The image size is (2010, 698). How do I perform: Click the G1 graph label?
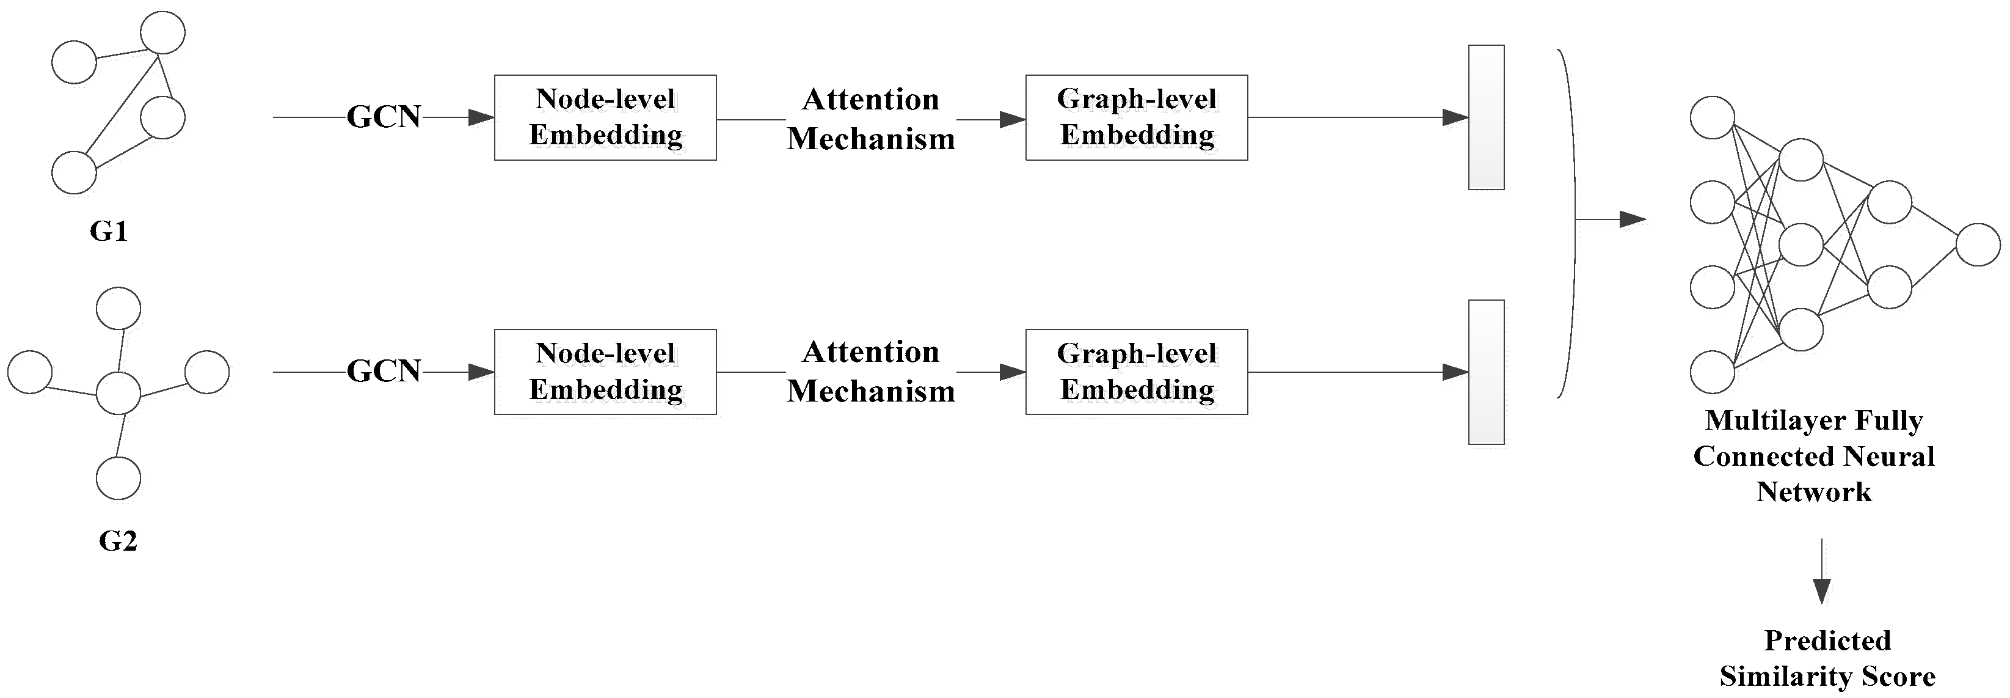[109, 231]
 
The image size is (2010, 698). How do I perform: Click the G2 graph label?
[118, 540]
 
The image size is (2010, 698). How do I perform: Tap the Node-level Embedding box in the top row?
[605, 118]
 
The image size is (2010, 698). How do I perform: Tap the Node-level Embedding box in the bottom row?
[605, 372]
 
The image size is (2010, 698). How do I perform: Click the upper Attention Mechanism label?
[871, 119]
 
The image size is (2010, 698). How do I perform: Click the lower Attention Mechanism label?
[871, 372]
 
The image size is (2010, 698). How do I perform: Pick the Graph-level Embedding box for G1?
[1136, 118]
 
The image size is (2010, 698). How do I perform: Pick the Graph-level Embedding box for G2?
[1136, 372]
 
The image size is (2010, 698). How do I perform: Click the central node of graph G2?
[118, 393]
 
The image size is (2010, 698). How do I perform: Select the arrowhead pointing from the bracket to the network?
[1633, 219]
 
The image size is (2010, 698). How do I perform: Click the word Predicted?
[1827, 640]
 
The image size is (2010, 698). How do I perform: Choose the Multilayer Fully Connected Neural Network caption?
[1813, 456]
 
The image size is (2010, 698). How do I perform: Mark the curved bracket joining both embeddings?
[1571, 222]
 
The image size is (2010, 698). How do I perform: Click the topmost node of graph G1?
[162, 33]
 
